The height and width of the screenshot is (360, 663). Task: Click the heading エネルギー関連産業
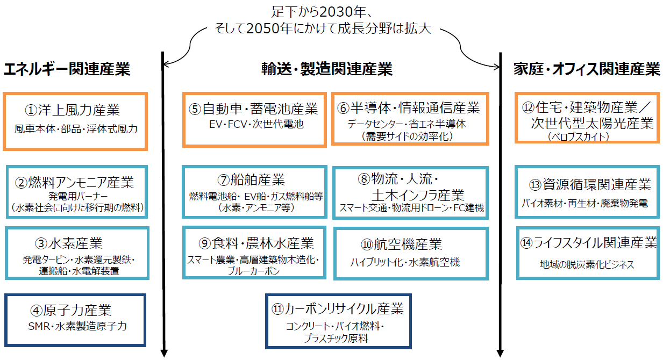pos(67,69)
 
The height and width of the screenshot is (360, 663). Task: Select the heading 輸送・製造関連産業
pos(327,69)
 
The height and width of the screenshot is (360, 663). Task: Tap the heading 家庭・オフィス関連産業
pos(586,69)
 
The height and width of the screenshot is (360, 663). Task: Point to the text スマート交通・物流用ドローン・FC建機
pos(411,207)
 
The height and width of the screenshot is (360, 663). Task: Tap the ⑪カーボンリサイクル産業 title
pos(338,309)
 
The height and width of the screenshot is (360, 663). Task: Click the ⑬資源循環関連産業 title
pos(590,185)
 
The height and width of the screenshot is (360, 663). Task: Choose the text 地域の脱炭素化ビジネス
pos(587,264)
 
